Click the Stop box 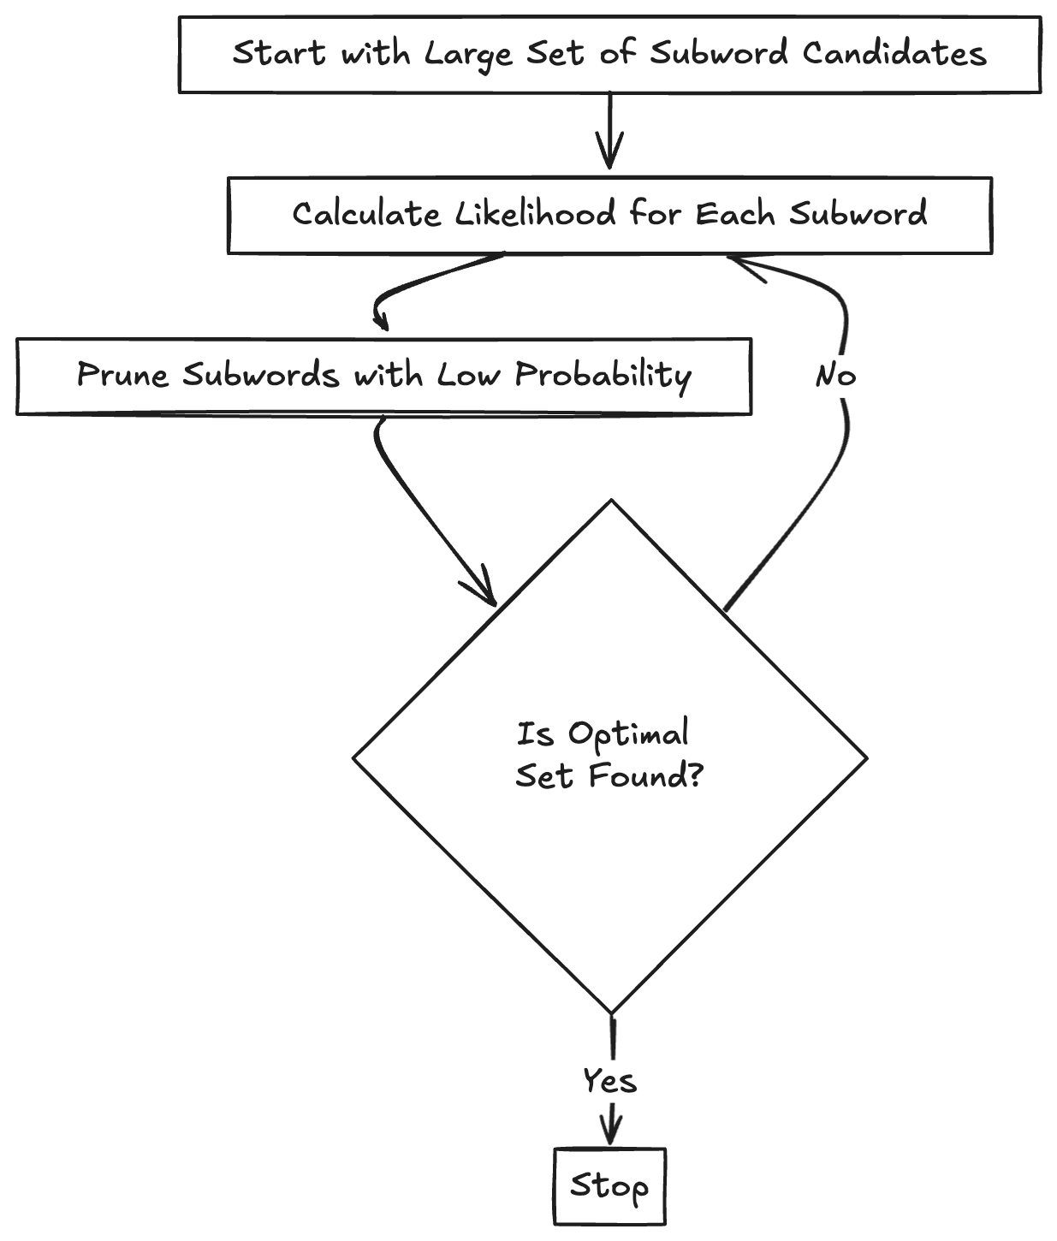(x=609, y=1186)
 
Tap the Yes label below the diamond (x=609, y=1080)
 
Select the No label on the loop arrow (x=835, y=375)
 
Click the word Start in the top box (x=280, y=53)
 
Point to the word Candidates (x=894, y=53)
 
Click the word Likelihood (x=535, y=213)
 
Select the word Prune (x=122, y=375)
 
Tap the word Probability (x=603, y=375)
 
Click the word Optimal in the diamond (x=629, y=733)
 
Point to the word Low (x=469, y=375)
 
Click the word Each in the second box (x=734, y=213)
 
